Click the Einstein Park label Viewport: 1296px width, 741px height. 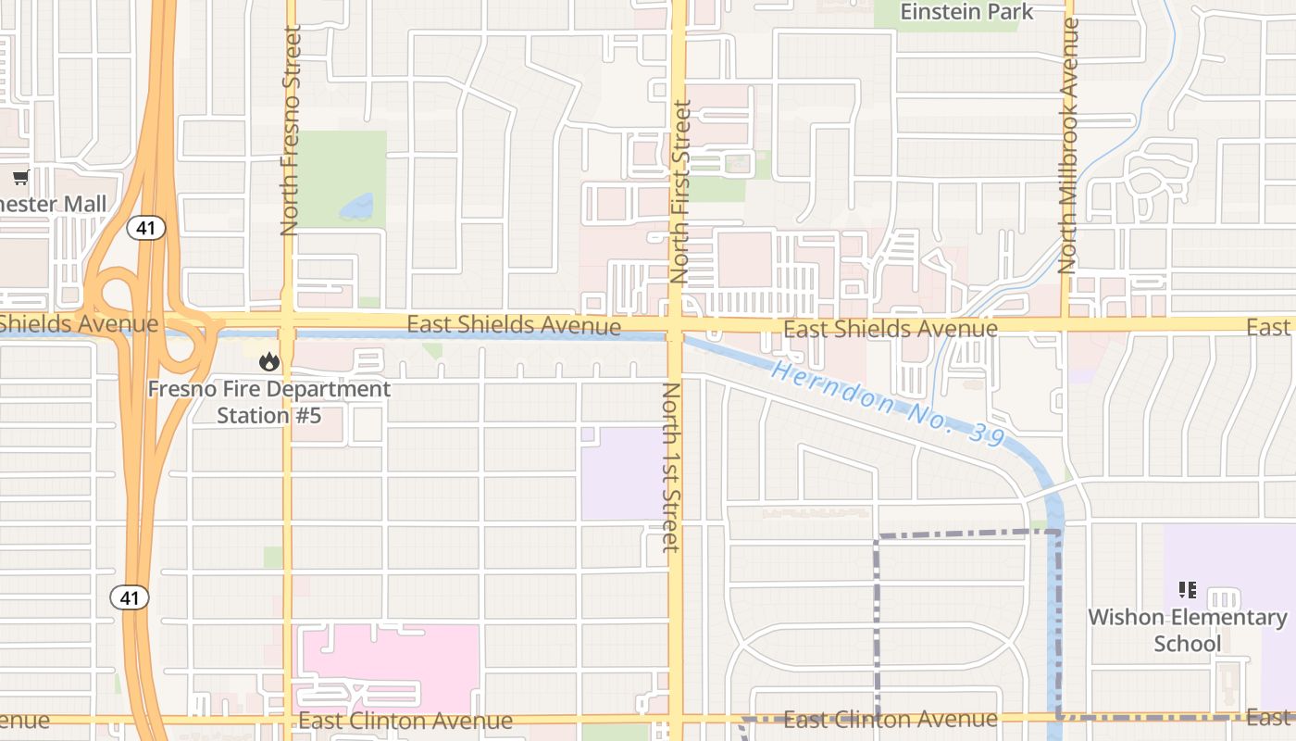tap(966, 12)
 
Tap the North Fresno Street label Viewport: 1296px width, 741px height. tap(291, 130)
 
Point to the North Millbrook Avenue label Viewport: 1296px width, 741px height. tap(1069, 145)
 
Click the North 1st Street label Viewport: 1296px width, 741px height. tap(671, 467)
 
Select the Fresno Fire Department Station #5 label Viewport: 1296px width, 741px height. tap(269, 402)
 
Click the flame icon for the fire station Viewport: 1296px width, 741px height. tap(268, 361)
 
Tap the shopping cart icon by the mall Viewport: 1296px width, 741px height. tap(21, 177)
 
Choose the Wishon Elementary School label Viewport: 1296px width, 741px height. tap(1188, 630)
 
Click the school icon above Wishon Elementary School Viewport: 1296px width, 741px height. tap(1188, 589)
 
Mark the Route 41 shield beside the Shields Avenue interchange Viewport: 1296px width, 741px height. tap(146, 228)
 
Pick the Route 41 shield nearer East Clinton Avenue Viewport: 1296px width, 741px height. tap(130, 597)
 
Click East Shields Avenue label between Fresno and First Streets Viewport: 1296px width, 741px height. tap(514, 325)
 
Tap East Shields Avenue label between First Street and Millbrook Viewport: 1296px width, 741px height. tap(890, 329)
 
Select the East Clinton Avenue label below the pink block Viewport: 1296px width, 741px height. tap(405, 721)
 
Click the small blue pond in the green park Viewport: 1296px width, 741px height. tap(357, 207)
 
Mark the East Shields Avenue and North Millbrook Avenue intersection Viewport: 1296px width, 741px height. tap(1066, 324)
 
